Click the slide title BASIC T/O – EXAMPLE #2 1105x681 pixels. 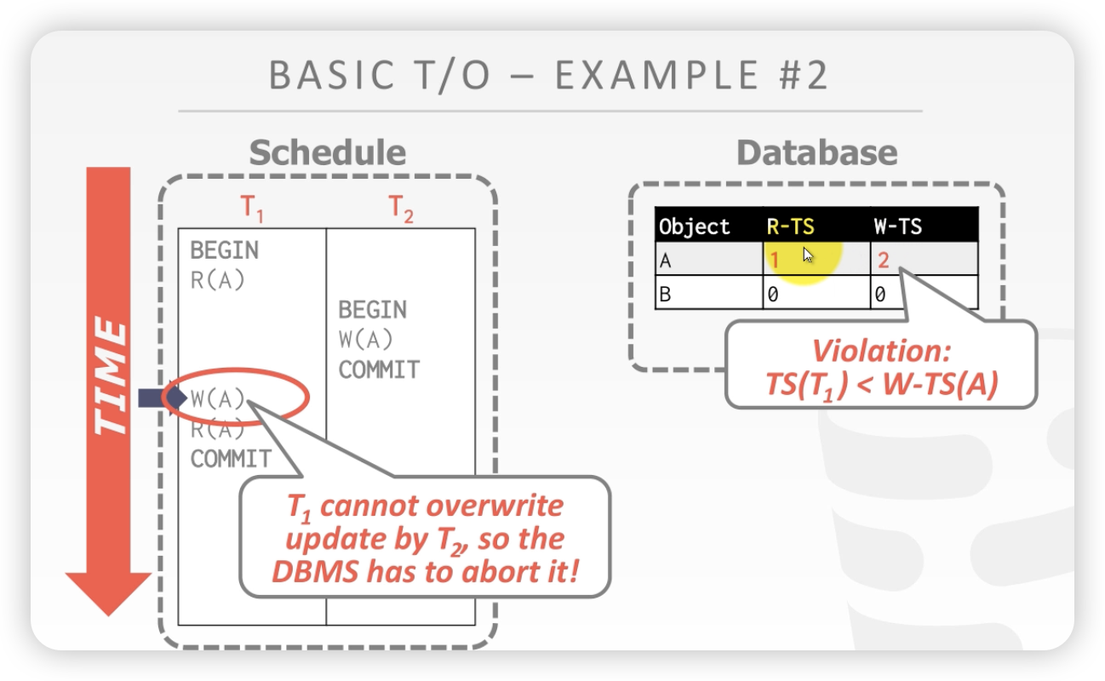tap(548, 76)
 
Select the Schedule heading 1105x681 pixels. tap(328, 152)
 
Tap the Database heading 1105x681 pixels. tap(817, 152)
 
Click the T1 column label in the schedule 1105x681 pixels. tap(252, 208)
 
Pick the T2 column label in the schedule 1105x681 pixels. tap(401, 208)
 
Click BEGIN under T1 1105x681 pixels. tap(225, 250)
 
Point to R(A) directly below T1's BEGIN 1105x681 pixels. tap(218, 281)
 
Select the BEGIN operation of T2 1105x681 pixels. tap(372, 310)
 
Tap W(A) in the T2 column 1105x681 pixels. tap(365, 340)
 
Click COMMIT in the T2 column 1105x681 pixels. tap(379, 369)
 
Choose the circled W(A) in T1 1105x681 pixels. tap(218, 399)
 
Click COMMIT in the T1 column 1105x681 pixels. tap(231, 459)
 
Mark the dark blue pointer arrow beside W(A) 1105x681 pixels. tap(163, 398)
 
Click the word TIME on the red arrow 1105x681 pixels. tap(110, 375)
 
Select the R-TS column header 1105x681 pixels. tap(790, 226)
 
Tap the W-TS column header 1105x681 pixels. tap(898, 226)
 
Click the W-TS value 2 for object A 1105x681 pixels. tap(884, 260)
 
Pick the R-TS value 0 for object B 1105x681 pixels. tap(773, 295)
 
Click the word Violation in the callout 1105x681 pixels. tap(881, 351)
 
